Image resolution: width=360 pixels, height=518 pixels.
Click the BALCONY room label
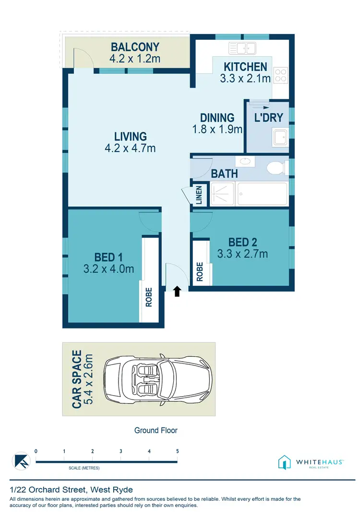[x=135, y=47]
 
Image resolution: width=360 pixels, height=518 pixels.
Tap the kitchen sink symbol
[x=244, y=48]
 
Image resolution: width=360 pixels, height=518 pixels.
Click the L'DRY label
[x=268, y=118]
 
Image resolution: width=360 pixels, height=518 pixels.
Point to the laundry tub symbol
[x=279, y=137]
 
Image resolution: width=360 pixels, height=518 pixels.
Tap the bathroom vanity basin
[x=245, y=161]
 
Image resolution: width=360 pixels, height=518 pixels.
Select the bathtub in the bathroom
[x=262, y=193]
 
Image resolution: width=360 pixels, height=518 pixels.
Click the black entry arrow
[x=177, y=290]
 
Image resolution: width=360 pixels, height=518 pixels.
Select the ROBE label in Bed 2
[x=200, y=272]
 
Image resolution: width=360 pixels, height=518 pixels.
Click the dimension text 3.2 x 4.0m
[x=108, y=270]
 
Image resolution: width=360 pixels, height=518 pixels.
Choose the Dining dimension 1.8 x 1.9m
[x=217, y=129]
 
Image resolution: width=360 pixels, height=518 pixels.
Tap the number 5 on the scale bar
[x=178, y=451]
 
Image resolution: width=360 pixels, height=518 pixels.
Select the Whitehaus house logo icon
[x=285, y=462]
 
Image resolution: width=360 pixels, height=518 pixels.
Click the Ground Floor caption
[x=156, y=430]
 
